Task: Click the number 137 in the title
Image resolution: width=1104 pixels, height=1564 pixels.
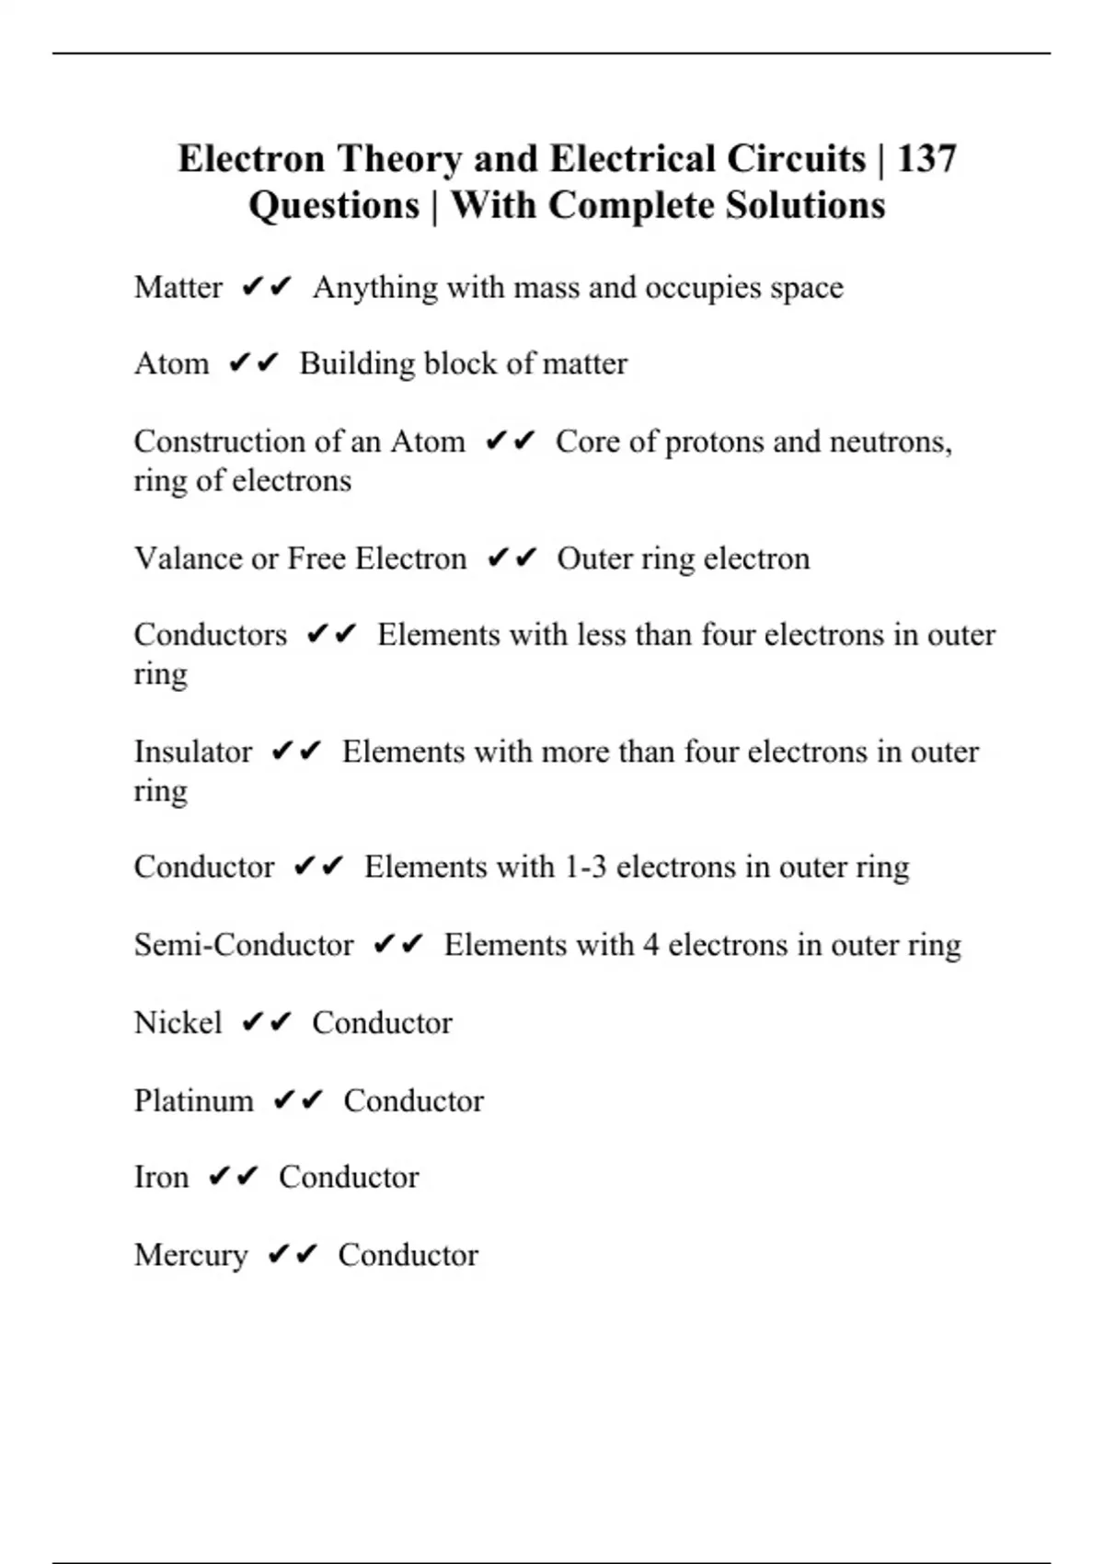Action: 926,158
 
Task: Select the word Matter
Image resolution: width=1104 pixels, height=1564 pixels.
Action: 178,287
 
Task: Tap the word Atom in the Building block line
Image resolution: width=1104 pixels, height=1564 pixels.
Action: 171,363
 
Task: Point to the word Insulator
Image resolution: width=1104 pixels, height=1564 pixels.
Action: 192,752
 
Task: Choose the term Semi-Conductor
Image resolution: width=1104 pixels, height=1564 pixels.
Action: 243,945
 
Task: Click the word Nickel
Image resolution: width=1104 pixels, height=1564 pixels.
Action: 178,1022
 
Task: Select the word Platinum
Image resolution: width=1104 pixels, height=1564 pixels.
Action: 193,1100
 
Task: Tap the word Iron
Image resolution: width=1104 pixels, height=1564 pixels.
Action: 161,1177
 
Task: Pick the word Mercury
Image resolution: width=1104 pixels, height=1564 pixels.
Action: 190,1255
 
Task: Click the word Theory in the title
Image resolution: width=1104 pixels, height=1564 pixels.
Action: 398,158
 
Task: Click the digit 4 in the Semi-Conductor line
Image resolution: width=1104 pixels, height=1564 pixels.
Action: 650,945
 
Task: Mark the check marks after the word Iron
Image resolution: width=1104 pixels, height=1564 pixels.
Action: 234,1177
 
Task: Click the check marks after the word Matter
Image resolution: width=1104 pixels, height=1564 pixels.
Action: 267,287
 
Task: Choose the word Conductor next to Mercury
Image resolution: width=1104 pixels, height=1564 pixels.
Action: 408,1255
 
